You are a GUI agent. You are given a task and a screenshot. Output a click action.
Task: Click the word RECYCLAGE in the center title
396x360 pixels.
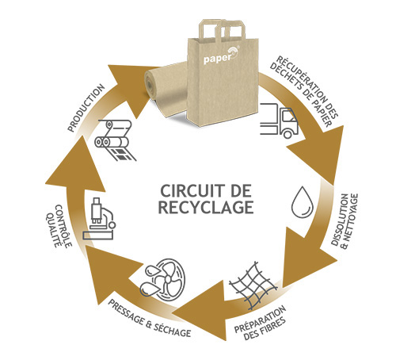point(206,207)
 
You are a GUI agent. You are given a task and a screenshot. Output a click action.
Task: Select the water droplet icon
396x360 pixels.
point(303,202)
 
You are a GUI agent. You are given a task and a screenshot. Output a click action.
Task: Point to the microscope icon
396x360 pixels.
point(99,219)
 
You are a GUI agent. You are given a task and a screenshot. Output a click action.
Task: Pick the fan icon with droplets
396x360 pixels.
point(162,279)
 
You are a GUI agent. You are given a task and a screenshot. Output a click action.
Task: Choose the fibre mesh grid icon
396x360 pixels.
point(253,285)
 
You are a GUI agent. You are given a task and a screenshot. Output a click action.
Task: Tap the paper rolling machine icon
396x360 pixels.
point(116,140)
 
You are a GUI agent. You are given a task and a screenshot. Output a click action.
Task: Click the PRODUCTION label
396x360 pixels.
point(86,108)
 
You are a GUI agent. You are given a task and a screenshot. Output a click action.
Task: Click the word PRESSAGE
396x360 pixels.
point(126,313)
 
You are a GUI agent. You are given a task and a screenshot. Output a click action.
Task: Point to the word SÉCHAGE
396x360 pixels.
point(172,329)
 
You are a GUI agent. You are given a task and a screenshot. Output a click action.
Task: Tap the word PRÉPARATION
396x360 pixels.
point(260,319)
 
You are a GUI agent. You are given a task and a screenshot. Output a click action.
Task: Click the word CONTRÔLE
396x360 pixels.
point(63,226)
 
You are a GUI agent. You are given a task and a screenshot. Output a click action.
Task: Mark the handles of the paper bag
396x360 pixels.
point(223,29)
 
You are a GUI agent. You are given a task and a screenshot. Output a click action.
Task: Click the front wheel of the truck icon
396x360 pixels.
point(287,134)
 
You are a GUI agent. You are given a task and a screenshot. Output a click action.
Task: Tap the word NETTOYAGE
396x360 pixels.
point(350,221)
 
